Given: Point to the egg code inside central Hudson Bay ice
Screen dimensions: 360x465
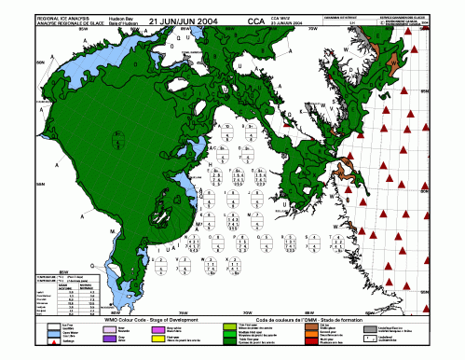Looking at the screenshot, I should tap(118, 141).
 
